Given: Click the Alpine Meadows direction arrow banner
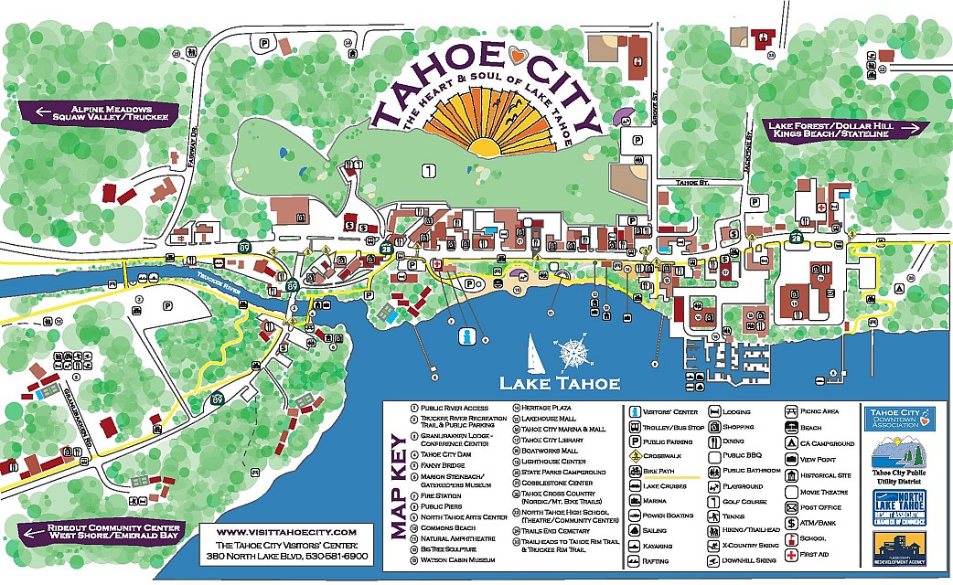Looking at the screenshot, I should (86, 112).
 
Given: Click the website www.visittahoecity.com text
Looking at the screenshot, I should (286, 531).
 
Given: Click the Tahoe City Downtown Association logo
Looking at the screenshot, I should (899, 419).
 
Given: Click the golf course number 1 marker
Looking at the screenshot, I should (428, 170).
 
